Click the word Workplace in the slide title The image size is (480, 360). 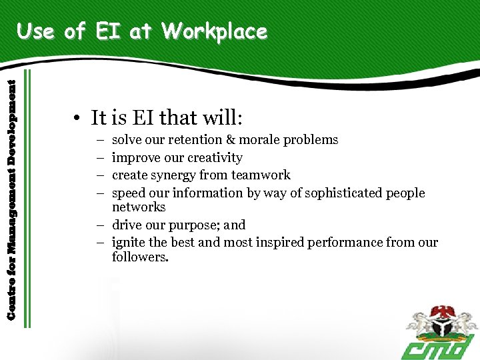click(x=214, y=32)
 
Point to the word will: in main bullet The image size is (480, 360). click(x=223, y=118)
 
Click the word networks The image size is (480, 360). click(x=139, y=207)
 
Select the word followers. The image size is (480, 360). click(x=140, y=257)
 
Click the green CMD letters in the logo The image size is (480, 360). click(x=437, y=347)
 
